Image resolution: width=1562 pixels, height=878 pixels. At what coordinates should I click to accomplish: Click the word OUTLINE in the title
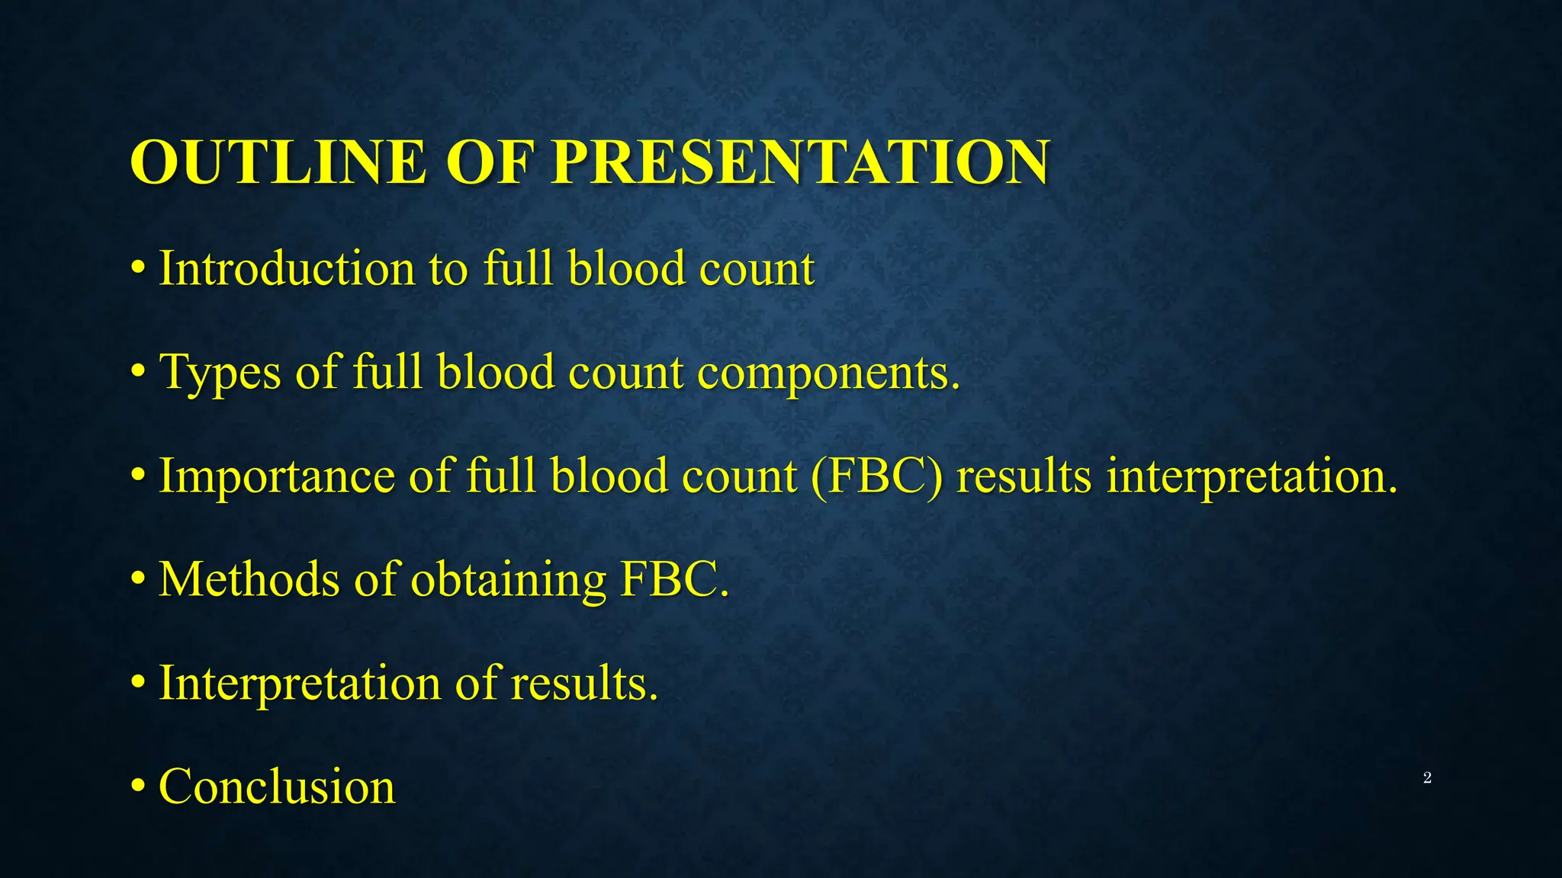(x=278, y=162)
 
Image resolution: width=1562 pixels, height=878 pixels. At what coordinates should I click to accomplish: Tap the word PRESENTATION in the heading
(x=800, y=162)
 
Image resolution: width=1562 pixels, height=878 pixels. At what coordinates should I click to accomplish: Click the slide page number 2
(x=1427, y=778)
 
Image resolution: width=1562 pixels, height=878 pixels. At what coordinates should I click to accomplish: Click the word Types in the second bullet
(x=220, y=373)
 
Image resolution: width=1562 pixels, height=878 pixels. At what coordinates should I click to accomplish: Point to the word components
(x=828, y=373)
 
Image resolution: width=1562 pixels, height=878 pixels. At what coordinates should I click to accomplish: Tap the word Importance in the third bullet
(x=276, y=476)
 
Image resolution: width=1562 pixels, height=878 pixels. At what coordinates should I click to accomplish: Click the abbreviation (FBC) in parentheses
(x=876, y=476)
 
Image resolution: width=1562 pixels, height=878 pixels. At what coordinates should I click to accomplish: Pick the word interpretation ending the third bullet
(x=1252, y=476)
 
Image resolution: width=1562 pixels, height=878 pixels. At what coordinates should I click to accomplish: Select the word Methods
(x=249, y=579)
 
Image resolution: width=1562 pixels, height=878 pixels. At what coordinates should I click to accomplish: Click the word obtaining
(x=509, y=579)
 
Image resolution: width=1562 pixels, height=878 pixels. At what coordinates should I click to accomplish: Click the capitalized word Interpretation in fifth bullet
(x=300, y=683)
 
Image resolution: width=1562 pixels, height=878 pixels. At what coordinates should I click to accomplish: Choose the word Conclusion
(x=277, y=787)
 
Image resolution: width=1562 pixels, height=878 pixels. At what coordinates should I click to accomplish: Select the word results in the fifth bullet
(x=583, y=683)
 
